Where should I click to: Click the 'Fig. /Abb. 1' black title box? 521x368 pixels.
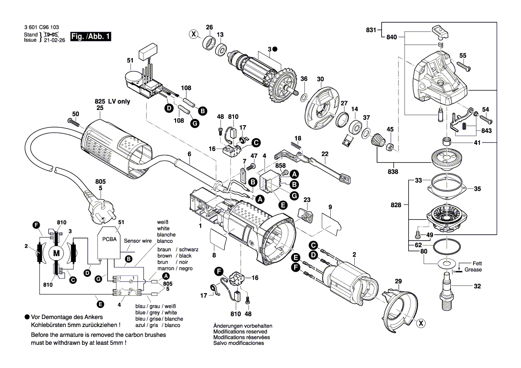click(x=90, y=37)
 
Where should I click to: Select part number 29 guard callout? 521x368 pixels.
click(x=398, y=282)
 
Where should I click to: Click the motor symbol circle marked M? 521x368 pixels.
click(x=56, y=253)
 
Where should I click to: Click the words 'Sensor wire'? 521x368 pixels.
click(x=138, y=240)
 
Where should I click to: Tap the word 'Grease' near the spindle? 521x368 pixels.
click(x=473, y=270)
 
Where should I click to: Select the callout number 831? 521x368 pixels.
click(x=371, y=30)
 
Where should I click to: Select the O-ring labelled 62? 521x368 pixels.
click(x=447, y=245)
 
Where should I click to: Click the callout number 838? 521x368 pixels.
click(x=392, y=170)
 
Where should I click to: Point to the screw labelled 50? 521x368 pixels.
click(x=73, y=121)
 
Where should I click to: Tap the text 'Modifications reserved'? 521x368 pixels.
click(x=240, y=331)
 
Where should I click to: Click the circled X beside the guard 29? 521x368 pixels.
click(x=419, y=324)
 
